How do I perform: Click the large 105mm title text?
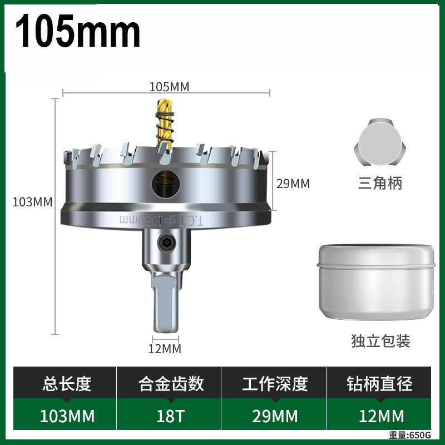point(78,31)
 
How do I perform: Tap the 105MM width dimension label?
point(169,87)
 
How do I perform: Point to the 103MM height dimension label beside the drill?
point(32,202)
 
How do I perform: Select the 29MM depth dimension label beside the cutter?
point(293,184)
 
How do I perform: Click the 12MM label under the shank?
point(165,349)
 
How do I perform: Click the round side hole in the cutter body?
point(166,184)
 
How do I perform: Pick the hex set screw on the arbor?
point(167,243)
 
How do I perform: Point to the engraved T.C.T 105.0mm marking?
point(161,220)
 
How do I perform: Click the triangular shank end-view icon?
point(380,143)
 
